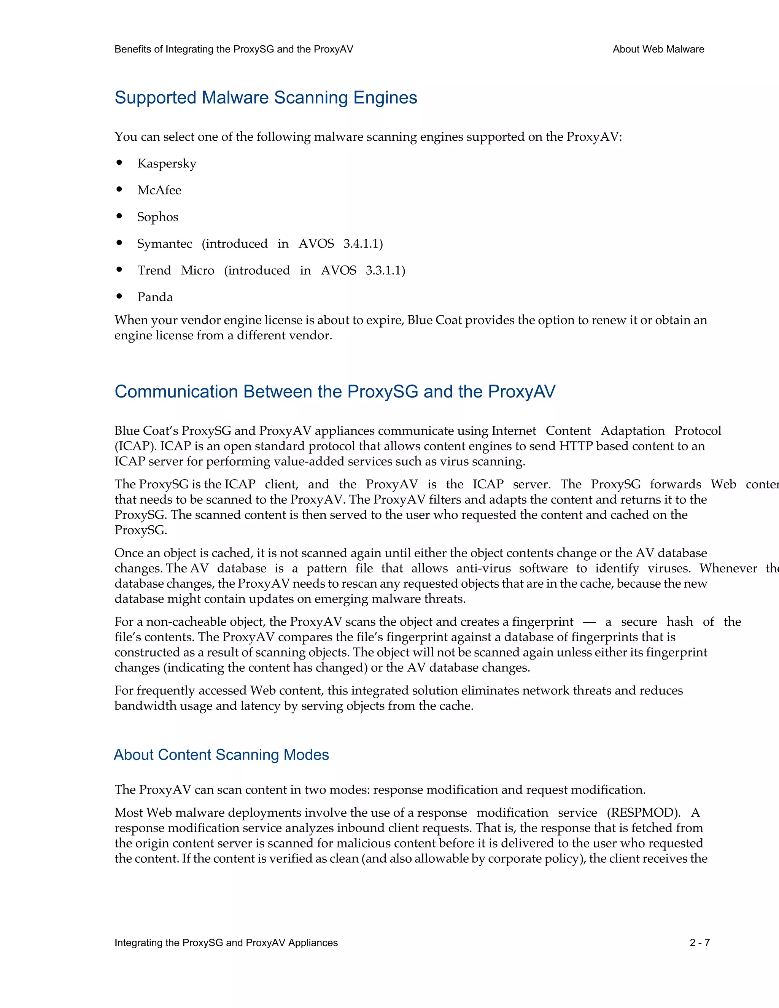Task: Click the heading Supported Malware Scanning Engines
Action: click(x=265, y=98)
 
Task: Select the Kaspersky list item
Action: click(x=167, y=164)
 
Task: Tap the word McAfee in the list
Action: click(x=159, y=190)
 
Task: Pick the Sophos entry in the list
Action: click(x=157, y=217)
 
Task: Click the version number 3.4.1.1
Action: click(x=363, y=244)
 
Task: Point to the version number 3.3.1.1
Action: click(x=385, y=270)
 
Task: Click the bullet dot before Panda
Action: click(x=119, y=296)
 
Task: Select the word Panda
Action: click(x=155, y=297)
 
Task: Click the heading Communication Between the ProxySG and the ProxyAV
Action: click(x=335, y=391)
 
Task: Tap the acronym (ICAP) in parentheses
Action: click(x=135, y=446)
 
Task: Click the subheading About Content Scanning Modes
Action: click(x=221, y=755)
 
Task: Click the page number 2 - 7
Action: click(x=700, y=943)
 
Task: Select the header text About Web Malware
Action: click(x=658, y=49)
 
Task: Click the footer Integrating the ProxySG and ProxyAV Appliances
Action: click(x=226, y=943)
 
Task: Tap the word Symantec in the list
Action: click(x=164, y=244)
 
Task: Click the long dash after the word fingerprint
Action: click(x=589, y=622)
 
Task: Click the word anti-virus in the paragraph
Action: click(x=483, y=569)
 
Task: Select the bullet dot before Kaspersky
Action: click(x=119, y=162)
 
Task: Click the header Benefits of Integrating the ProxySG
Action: click(x=234, y=49)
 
